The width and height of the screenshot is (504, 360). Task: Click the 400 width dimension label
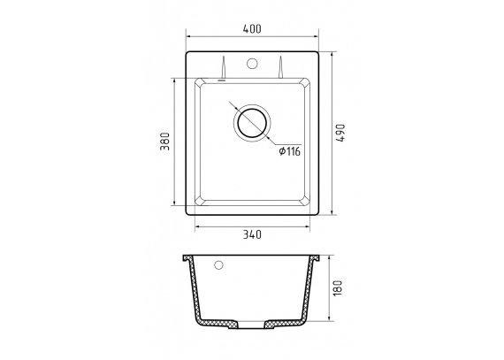pos(252,29)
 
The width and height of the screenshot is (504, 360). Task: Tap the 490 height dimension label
pos(340,133)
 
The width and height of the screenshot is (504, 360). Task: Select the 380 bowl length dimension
pos(164,142)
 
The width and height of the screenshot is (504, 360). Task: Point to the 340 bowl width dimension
pos(252,234)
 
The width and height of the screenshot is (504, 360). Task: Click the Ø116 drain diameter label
pos(290,151)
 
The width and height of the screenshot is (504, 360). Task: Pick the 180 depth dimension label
pos(338,288)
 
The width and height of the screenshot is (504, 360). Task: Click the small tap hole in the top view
pos(252,64)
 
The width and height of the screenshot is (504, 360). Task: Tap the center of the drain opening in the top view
pos(252,123)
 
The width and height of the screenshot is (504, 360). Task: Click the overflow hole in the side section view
pos(218,265)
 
